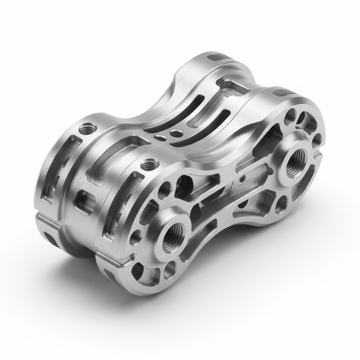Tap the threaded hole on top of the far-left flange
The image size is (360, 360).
tap(87, 128)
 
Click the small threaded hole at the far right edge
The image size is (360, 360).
tap(316, 140)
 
